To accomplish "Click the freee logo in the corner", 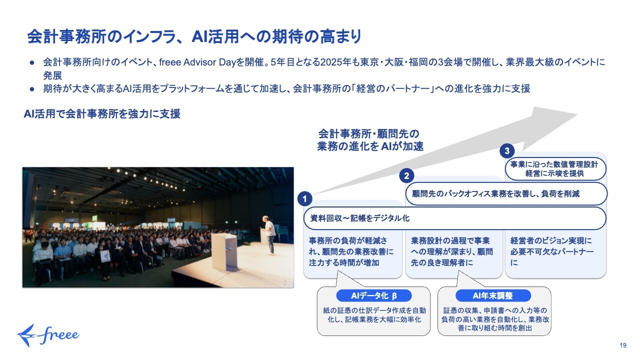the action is point(48,335).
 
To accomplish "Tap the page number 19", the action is point(623,345).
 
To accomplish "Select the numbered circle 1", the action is point(304,199).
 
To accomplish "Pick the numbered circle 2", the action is point(406,175).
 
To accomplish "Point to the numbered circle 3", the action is point(507,151).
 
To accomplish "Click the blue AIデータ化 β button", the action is point(374,295).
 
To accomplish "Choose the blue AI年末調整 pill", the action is point(493,295).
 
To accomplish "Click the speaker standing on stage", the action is point(268,235).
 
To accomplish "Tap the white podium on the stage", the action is point(224,251).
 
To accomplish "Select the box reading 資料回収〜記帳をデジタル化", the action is point(454,218).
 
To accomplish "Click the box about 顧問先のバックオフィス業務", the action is point(506,193).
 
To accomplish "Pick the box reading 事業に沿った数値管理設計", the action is point(555,168).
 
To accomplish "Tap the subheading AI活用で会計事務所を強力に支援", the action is point(102,113).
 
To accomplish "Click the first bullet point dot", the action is point(32,62).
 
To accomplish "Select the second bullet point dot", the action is point(32,89).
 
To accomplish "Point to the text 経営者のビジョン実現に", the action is point(551,240).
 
